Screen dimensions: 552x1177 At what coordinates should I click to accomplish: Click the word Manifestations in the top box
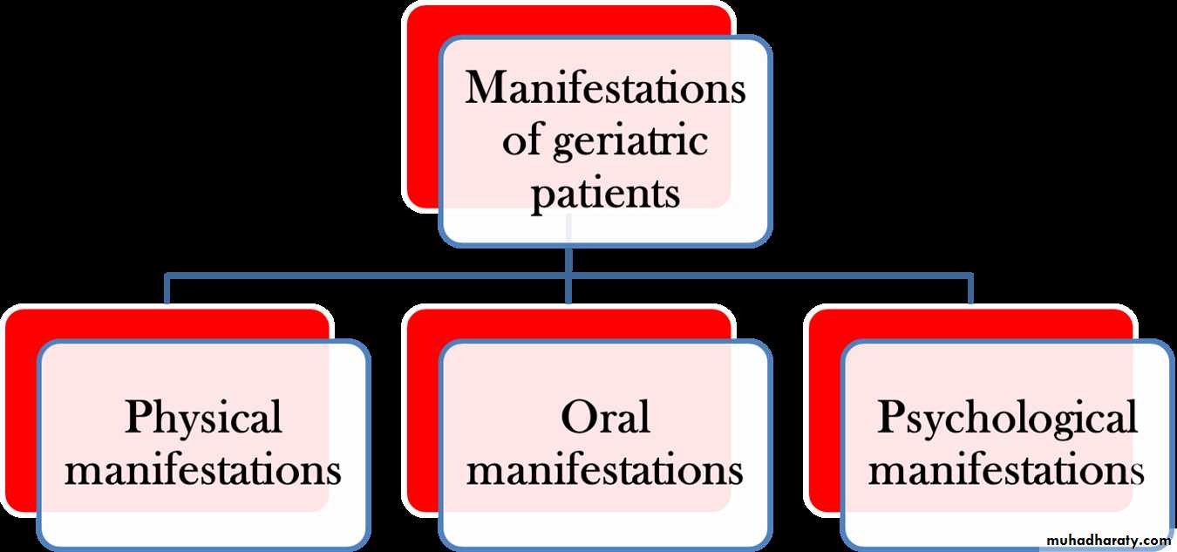click(x=605, y=89)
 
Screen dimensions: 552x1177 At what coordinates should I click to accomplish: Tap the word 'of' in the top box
click(x=520, y=141)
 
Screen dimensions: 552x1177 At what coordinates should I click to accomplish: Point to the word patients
click(x=605, y=192)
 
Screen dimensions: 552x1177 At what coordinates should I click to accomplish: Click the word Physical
click(x=203, y=419)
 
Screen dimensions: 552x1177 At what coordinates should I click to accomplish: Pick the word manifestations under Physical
click(x=203, y=471)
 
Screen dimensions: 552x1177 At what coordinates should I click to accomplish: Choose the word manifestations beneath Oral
click(x=605, y=471)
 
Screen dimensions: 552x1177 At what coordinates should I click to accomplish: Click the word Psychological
click(x=1007, y=419)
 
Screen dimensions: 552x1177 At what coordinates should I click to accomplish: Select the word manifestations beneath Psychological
click(x=1007, y=471)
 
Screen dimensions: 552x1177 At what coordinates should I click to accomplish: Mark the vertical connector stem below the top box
click(x=568, y=262)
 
